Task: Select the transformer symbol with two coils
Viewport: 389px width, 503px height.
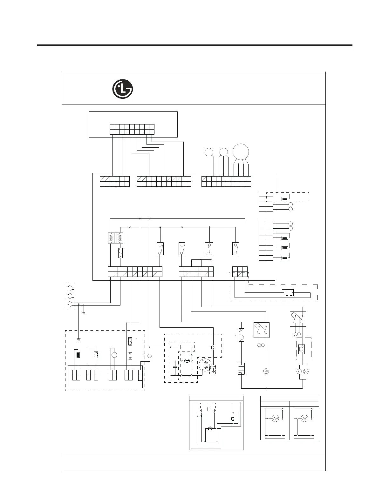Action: point(116,238)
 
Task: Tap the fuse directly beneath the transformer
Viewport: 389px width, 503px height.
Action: point(120,253)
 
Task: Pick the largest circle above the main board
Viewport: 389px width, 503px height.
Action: point(241,152)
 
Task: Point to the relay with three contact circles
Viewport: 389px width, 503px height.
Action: point(209,249)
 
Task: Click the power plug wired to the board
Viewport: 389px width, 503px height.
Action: point(69,305)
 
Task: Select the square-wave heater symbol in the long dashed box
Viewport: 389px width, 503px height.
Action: point(287,292)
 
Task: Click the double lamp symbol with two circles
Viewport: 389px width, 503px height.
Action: point(303,372)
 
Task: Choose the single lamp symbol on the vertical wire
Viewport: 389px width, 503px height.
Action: point(266,371)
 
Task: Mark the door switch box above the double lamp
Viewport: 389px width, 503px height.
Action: point(298,319)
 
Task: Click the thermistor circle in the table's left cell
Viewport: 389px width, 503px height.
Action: point(275,419)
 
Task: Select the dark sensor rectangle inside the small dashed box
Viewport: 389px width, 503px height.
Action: point(285,199)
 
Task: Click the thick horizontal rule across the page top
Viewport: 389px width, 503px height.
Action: point(194,45)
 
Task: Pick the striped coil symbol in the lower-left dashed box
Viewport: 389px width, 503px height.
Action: point(95,355)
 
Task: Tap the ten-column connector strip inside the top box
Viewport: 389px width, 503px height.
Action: point(132,129)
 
